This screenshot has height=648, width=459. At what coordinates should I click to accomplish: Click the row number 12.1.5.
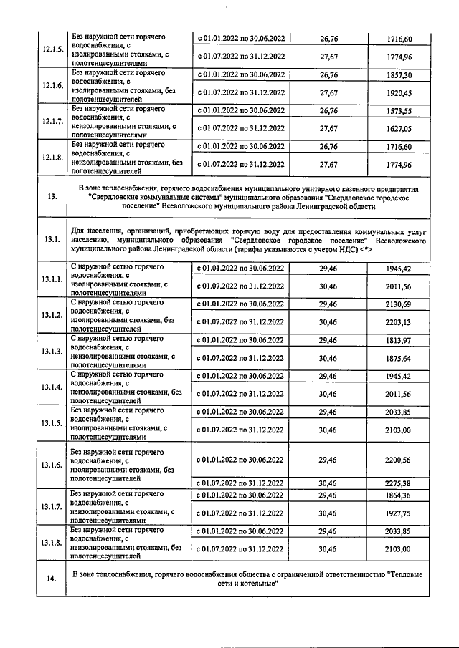coord(52,49)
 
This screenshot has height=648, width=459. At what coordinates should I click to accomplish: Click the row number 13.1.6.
coord(52,465)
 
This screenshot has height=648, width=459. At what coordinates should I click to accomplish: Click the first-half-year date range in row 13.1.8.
coord(240,531)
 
